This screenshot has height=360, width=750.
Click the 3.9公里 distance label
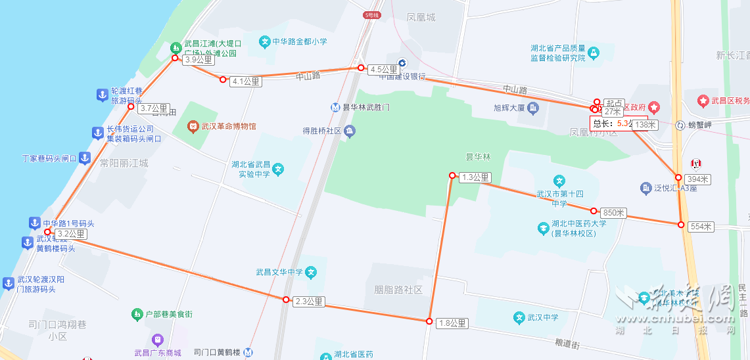click(199, 60)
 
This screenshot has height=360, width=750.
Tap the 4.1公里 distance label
click(246, 81)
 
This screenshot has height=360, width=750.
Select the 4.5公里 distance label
click(383, 70)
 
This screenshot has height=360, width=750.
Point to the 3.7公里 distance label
click(154, 108)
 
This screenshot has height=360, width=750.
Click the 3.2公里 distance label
click(70, 234)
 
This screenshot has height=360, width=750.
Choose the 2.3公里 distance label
click(308, 302)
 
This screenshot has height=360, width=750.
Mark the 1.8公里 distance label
click(452, 323)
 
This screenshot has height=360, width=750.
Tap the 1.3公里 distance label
click(475, 177)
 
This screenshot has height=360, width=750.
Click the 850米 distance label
click(613, 213)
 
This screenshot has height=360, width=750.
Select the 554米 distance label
click(701, 227)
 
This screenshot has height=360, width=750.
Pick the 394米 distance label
click(697, 179)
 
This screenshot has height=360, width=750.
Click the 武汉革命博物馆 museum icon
click(193, 125)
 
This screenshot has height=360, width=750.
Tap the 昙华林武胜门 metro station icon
click(336, 107)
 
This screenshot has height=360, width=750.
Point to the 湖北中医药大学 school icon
click(544, 228)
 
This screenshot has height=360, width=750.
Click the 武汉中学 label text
click(542, 318)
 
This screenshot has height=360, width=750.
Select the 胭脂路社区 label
click(398, 290)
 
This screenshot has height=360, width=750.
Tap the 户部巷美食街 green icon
click(137, 315)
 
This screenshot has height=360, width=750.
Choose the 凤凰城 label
click(421, 18)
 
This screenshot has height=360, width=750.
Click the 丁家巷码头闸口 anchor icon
click(85, 158)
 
